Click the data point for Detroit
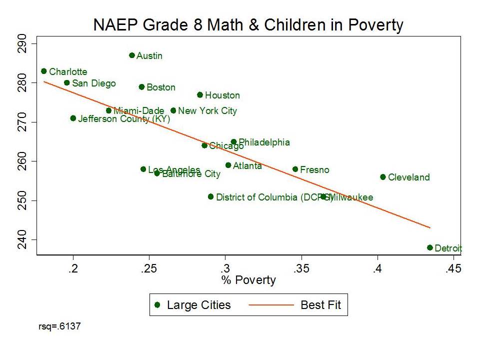[x=430, y=247]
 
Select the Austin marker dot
[x=132, y=55]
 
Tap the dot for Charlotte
[x=44, y=71]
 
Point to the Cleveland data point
[x=383, y=177]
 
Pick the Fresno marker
[x=295, y=169]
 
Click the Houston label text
[x=222, y=95]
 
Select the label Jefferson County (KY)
[x=124, y=119]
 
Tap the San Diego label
[x=93, y=83]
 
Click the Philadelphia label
[x=264, y=142]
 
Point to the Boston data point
[x=141, y=87]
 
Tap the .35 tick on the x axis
[x=301, y=269]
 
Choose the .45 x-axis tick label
[x=453, y=269]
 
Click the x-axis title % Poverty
[x=248, y=280]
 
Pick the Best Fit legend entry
[x=320, y=305]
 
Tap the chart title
[x=248, y=25]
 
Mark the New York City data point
[x=173, y=110]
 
